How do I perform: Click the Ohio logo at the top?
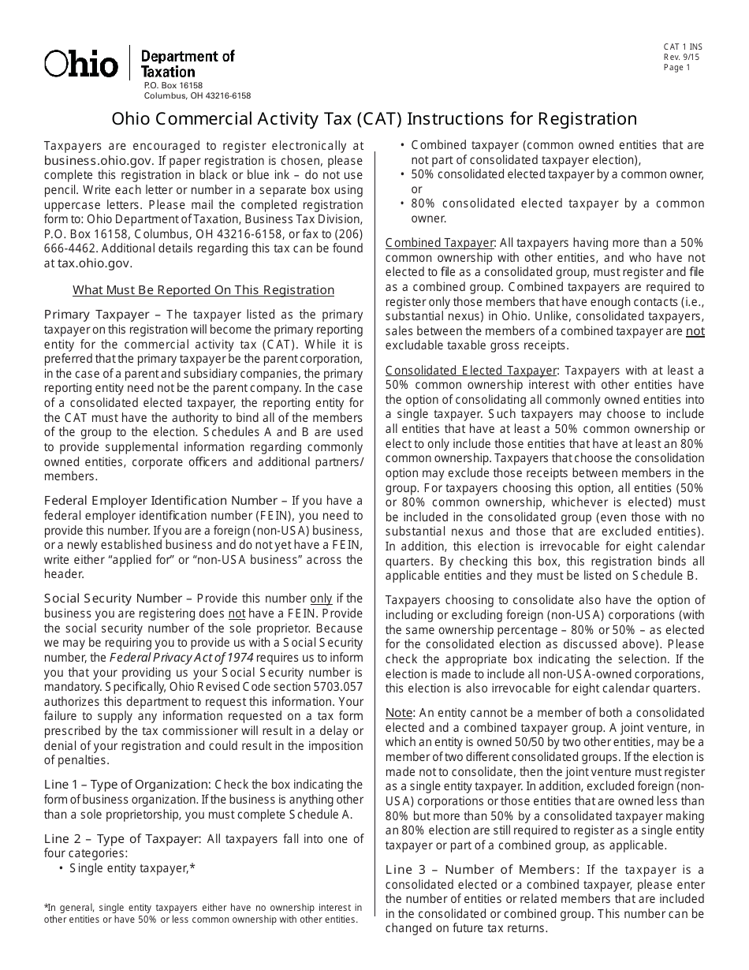coord(81,63)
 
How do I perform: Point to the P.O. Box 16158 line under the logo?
coord(173,85)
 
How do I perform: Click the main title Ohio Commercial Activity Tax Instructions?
coord(374,119)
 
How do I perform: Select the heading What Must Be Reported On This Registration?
coord(203,290)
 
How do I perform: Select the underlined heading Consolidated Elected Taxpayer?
coord(471,371)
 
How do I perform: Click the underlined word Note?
coord(399,713)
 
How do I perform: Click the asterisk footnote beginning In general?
coord(203,913)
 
